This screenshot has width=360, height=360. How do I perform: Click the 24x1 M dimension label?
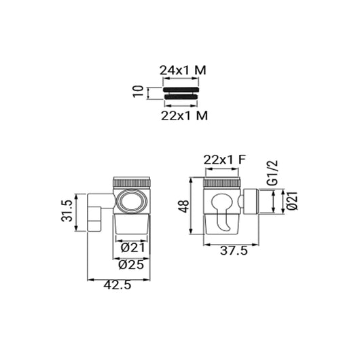(x=183, y=70)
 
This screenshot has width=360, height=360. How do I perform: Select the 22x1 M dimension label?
(x=184, y=115)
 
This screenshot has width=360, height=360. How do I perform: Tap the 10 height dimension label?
(x=138, y=92)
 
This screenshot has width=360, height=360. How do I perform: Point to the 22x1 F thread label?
(x=225, y=160)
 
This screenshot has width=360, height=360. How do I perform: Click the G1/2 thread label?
(x=272, y=173)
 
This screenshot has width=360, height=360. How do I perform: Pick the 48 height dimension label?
(x=184, y=206)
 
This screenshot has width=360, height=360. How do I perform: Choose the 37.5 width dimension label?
(x=234, y=251)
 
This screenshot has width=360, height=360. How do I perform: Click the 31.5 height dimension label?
(x=67, y=211)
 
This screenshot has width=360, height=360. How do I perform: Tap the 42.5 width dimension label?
(x=118, y=285)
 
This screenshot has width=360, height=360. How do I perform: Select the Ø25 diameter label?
(x=131, y=265)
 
